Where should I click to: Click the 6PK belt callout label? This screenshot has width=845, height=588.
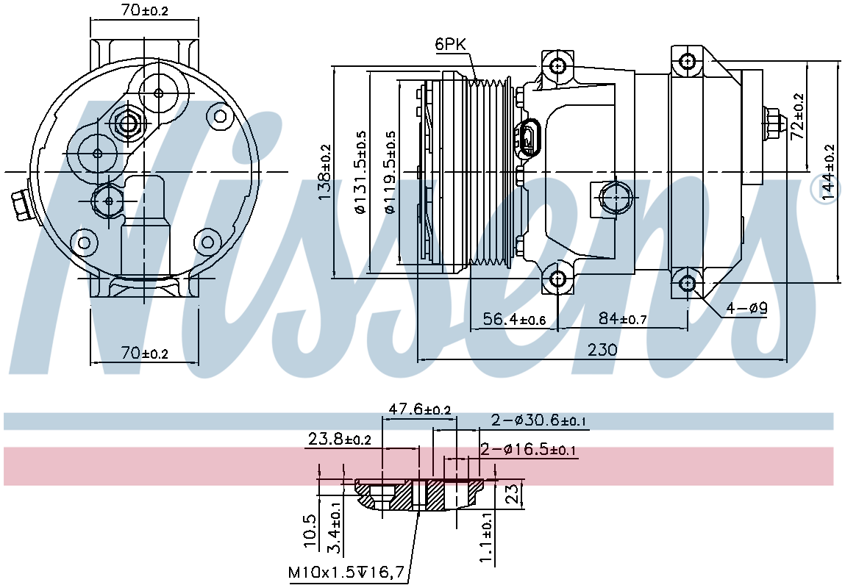[x=450, y=44]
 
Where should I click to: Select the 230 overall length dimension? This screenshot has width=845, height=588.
[x=602, y=350]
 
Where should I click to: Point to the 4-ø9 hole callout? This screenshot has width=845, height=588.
[x=746, y=309]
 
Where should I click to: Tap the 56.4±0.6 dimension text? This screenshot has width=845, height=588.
[x=514, y=319]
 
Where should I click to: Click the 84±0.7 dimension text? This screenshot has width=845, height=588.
[x=622, y=319]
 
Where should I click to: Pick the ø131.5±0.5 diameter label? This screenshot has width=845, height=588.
[x=360, y=172]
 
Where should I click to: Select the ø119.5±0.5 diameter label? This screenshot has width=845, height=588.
[x=391, y=172]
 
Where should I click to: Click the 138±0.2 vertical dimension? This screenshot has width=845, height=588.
[x=325, y=172]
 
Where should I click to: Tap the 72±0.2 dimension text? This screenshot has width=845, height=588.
[x=797, y=117]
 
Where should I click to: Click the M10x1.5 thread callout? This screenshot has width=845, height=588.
[x=346, y=573]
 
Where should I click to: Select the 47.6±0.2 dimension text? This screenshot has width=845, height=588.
[x=420, y=409]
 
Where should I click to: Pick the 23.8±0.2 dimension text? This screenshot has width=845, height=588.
[x=340, y=439]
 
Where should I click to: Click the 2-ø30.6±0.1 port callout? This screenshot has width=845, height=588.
[x=538, y=420]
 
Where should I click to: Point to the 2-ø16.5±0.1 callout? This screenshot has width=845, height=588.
[x=528, y=450]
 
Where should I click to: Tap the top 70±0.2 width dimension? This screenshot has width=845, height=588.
[x=144, y=10]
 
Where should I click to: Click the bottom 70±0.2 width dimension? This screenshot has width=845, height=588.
[x=144, y=354]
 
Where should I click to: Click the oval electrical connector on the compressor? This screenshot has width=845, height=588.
[x=527, y=138]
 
